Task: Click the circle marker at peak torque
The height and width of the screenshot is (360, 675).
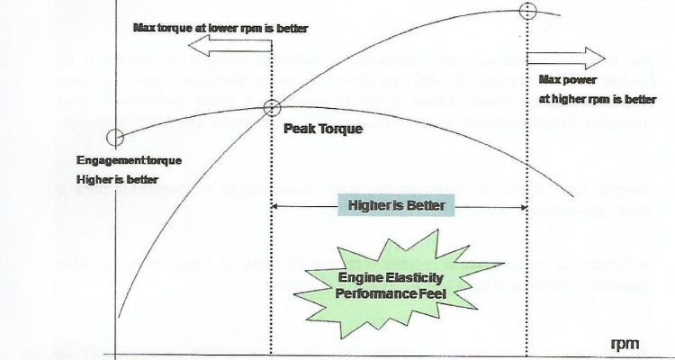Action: [x=272, y=108]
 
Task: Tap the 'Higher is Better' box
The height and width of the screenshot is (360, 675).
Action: [x=397, y=206]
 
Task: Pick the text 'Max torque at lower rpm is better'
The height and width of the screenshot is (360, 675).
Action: [x=220, y=28]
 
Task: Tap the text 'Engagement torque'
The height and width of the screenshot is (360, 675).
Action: [x=130, y=160]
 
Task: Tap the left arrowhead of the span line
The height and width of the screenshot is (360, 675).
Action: [x=275, y=207]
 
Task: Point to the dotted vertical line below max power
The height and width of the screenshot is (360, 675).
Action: [x=526, y=270]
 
